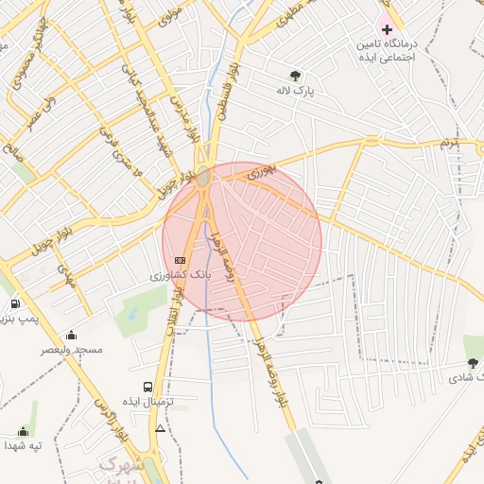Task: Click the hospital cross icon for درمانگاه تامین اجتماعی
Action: [x=387, y=29]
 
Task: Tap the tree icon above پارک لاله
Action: [x=296, y=76]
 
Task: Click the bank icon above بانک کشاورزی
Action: [x=181, y=260]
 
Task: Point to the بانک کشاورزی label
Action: [x=181, y=275]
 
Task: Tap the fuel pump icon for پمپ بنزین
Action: [x=15, y=303]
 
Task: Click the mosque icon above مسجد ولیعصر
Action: [x=72, y=335]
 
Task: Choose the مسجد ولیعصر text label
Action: [x=72, y=349]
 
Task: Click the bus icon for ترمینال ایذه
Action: [x=147, y=387]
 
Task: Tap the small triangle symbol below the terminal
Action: [x=160, y=429]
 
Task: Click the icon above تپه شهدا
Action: [x=24, y=431]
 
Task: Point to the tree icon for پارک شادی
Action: [x=473, y=362]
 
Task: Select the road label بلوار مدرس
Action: [x=185, y=116]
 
